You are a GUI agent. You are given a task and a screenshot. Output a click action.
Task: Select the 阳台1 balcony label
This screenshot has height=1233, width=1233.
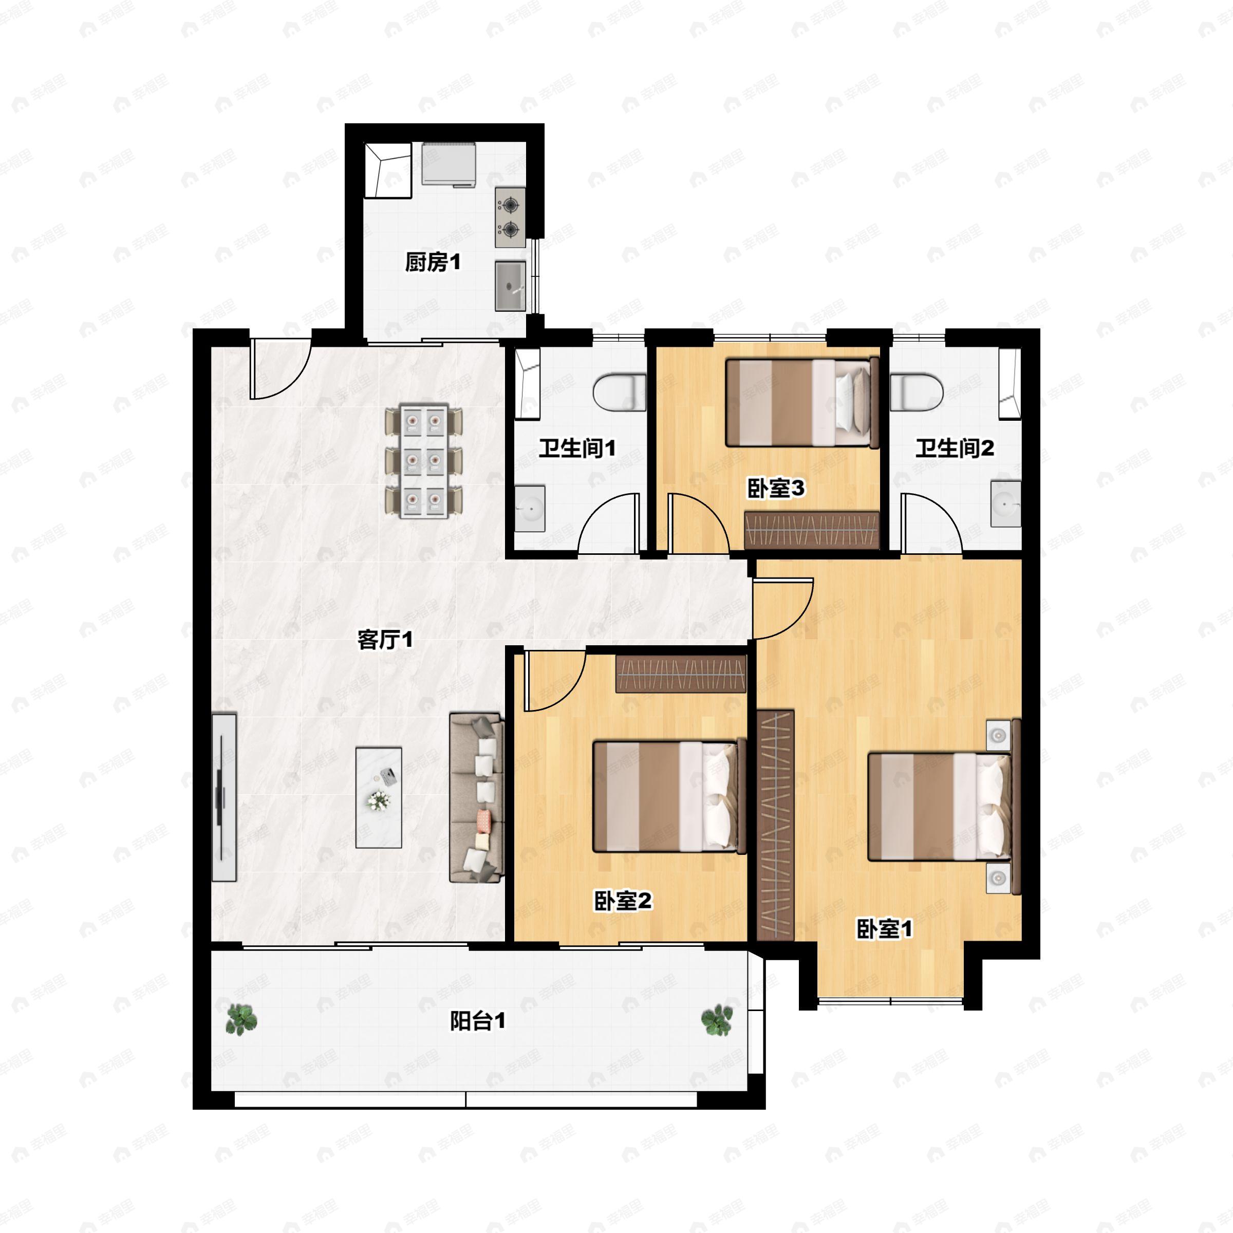coord(477,1021)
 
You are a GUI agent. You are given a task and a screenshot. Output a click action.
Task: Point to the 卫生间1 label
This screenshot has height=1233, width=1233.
coord(577,448)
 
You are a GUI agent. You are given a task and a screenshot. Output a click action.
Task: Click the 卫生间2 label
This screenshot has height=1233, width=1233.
coord(954,448)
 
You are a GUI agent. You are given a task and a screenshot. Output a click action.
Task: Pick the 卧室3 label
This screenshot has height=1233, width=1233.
coord(775,489)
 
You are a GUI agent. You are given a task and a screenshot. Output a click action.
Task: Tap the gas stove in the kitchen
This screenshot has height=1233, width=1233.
coord(510,217)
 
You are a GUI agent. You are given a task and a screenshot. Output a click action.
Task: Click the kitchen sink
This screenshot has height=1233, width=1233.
coord(511,286)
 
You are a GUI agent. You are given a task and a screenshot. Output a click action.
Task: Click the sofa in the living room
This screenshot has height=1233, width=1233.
coord(476,798)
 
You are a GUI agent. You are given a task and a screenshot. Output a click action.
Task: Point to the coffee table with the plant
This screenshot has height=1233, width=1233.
coord(379,798)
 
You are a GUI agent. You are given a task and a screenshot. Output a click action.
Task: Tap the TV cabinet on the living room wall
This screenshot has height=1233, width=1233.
coord(223,798)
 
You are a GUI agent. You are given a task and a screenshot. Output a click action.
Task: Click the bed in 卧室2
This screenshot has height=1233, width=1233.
coord(669,796)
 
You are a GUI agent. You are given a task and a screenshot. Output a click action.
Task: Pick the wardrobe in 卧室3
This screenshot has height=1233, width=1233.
coord(811,530)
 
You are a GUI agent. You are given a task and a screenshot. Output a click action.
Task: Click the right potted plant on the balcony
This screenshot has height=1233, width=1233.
coord(717,1019)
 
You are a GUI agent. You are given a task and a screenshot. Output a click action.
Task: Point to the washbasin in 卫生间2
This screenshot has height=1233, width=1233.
coord(1005,504)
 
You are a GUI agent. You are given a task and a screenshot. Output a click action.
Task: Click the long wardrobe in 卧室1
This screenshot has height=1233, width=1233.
coord(775,825)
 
